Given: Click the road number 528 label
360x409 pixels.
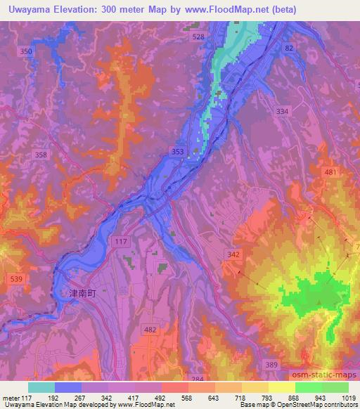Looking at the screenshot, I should pos(199,37).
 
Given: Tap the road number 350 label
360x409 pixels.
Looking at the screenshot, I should pos(27,52).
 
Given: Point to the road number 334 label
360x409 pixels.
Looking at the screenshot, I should pos(282,112).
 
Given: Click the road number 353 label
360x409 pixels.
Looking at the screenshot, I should pos(178,151).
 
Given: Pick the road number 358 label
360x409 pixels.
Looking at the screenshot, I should pos(41,154).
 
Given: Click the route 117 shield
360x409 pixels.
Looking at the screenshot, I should pos(120,241).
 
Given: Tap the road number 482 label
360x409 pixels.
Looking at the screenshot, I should pos(150,329).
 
